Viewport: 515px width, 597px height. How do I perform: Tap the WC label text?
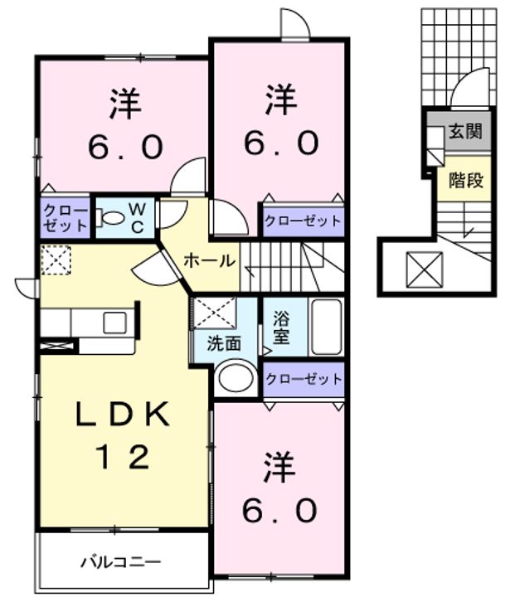click(x=137, y=218)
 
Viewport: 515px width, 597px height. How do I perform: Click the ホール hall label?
click(x=209, y=261)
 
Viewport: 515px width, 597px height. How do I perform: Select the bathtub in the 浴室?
click(x=327, y=327)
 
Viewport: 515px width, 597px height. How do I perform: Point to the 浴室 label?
click(x=281, y=327)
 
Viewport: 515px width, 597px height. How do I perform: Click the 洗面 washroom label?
click(x=224, y=344)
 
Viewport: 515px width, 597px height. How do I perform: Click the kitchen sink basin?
click(x=114, y=323)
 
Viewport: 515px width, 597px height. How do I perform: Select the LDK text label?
click(x=123, y=414)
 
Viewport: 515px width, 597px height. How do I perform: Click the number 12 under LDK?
click(x=123, y=457)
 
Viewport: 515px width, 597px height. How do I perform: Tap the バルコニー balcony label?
click(x=121, y=561)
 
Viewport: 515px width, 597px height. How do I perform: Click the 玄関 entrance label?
click(x=465, y=131)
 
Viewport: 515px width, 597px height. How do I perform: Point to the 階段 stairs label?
click(x=466, y=180)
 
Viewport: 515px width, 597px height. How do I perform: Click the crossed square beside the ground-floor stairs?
click(x=425, y=270)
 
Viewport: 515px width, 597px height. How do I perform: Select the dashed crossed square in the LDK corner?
click(x=56, y=260)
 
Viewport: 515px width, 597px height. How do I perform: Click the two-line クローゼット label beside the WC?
click(x=66, y=218)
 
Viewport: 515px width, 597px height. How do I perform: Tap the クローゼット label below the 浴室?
click(x=304, y=379)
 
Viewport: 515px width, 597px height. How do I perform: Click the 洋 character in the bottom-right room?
click(x=280, y=467)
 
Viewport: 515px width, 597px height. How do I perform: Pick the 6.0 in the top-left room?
click(x=126, y=148)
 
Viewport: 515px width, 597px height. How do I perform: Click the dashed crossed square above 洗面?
click(x=215, y=313)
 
